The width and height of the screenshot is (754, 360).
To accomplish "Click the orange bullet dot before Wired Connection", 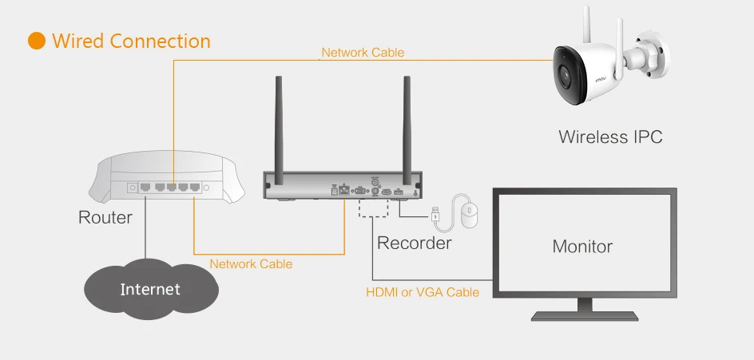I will [37, 42].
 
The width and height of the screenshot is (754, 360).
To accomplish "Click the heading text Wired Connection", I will [131, 42].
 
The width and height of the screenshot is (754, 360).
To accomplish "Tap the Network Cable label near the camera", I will [363, 53].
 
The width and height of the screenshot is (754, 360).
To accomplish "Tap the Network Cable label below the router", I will [251, 263].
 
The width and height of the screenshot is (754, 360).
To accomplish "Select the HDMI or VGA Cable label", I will [423, 292].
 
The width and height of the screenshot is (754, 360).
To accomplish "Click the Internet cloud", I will [150, 289].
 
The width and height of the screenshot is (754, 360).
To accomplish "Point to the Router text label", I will [105, 217].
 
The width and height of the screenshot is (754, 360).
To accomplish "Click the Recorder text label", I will [414, 243].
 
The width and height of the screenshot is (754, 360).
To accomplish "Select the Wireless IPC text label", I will [610, 136].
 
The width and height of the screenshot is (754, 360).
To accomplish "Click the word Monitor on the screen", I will [582, 246].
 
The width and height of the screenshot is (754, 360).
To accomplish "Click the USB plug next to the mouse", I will [435, 214].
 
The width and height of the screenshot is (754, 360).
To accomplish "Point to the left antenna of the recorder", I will [280, 124].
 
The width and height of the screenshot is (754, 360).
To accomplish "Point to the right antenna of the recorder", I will [407, 124].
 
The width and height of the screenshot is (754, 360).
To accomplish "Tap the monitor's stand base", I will [584, 315].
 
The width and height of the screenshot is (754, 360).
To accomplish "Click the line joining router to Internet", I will [145, 236].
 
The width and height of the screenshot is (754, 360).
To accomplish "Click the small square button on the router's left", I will [132, 188].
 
